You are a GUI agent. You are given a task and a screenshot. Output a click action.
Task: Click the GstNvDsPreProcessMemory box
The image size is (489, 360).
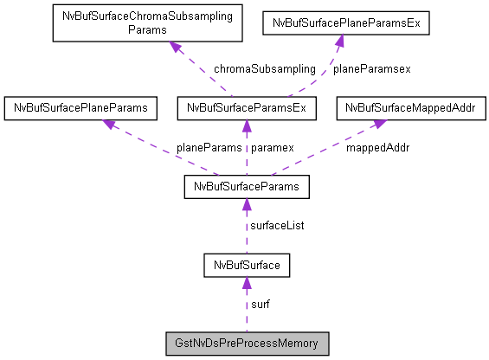point(246,344)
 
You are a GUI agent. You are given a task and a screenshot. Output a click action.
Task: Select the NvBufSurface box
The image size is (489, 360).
point(246,264)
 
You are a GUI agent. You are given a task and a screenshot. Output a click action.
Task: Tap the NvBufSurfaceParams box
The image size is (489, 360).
point(246,186)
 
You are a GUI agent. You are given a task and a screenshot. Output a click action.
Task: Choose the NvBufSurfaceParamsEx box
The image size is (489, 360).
point(246,108)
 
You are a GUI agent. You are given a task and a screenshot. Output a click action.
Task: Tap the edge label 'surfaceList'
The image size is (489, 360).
point(278,225)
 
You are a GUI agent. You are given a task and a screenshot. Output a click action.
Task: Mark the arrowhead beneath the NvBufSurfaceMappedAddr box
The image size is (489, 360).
point(380,124)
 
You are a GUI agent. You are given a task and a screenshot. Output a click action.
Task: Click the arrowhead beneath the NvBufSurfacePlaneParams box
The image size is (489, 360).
point(108,124)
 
